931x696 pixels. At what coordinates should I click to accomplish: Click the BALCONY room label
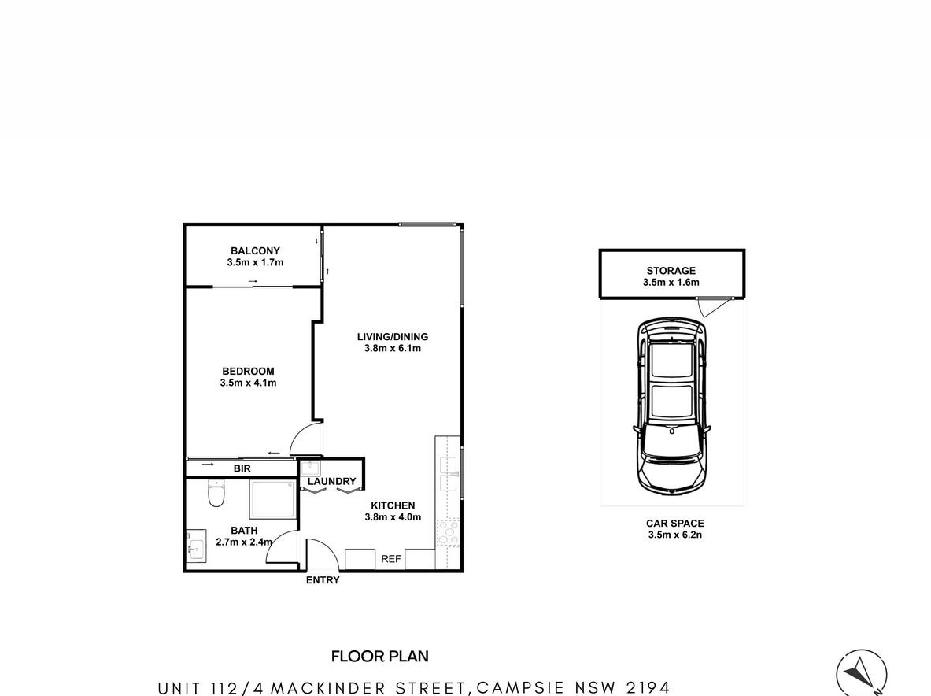pos(255,250)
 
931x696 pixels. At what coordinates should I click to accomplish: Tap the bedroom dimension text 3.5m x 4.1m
pos(248,383)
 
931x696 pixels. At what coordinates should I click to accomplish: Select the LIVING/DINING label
pos(393,337)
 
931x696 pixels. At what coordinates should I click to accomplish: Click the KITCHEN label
pos(393,505)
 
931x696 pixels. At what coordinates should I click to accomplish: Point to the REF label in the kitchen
pos(390,559)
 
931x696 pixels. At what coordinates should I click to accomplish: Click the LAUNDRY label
pos(331,482)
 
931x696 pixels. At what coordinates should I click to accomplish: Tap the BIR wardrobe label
pos(242,468)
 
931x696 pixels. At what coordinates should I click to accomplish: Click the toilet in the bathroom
pos(216,494)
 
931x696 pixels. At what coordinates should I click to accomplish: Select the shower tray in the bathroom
pos(272,499)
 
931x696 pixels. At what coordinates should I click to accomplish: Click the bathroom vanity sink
pos(195,546)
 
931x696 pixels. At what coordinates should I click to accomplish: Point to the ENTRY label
pos(323,580)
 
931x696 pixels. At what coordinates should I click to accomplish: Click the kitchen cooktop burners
pos(449,533)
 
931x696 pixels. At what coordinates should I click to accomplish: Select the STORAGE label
pos(671,271)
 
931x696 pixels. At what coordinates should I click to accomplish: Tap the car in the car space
pos(672,407)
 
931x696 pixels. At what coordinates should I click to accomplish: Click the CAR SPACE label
pos(675,524)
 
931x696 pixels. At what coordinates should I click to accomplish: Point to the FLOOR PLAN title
pos(380,656)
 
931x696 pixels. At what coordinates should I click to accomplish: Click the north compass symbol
pos(862,675)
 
